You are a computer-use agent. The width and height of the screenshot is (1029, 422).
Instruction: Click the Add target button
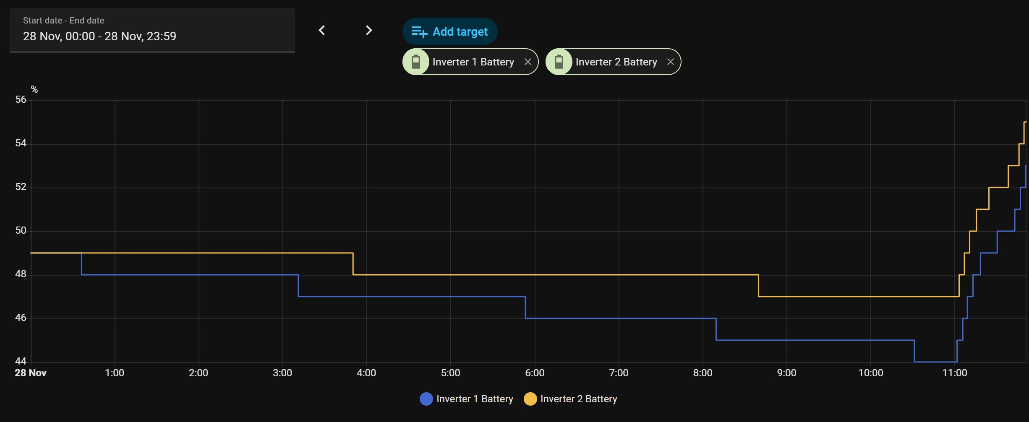450,31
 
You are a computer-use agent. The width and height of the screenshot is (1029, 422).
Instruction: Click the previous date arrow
322,30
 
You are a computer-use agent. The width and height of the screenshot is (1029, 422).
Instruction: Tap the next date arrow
368,30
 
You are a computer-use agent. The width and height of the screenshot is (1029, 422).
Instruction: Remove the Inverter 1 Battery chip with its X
528,62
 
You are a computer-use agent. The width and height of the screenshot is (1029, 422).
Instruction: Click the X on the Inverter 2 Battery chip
671,62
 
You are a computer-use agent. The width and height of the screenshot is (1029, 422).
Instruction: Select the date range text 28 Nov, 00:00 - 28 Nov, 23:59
99,36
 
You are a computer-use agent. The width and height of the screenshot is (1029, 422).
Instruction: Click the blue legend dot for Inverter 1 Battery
426,399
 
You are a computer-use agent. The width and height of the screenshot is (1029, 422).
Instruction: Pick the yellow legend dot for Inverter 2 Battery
530,399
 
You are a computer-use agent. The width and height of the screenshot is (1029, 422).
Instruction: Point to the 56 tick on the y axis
21,100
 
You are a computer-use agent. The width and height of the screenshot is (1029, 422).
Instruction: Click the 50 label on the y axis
21,231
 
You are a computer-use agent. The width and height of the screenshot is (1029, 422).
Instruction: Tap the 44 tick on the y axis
21,361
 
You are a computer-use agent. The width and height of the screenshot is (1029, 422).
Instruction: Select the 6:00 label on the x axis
535,373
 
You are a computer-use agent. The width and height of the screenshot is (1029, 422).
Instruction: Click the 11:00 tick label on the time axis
955,373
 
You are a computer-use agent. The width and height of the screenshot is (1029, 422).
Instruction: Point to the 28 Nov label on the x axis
31,373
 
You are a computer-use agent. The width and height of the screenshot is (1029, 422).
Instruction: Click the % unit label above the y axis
34,89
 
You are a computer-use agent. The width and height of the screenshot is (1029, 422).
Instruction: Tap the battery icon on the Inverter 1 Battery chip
416,62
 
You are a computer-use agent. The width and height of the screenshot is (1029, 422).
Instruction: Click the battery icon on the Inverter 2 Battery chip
559,62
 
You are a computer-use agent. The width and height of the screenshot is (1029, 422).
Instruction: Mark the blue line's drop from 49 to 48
81,264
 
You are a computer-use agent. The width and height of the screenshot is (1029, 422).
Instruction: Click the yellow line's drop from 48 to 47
758,286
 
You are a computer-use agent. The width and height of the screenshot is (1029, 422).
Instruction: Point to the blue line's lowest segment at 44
935,362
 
